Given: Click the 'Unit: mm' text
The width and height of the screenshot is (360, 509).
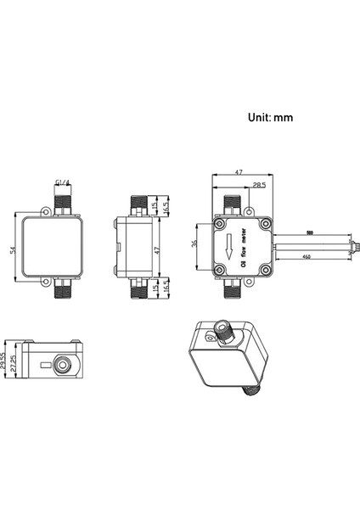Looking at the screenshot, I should point(269,118).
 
